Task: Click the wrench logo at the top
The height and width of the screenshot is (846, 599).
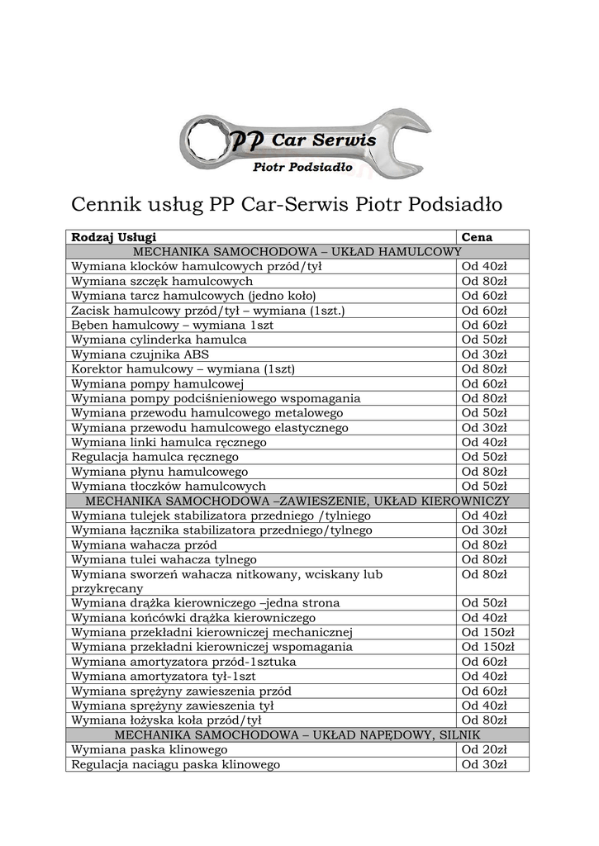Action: coord(305,144)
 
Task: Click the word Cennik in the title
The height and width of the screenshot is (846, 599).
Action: coord(106,203)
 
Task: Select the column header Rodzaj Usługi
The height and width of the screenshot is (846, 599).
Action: coord(114,237)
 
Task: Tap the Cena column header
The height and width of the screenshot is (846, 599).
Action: coord(477,237)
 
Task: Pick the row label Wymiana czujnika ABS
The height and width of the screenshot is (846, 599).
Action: coord(140,354)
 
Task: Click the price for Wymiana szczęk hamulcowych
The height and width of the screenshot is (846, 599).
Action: coord(484,281)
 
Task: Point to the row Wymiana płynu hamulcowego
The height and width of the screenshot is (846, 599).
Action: coord(159,472)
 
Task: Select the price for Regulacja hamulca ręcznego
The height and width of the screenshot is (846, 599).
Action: coord(484,457)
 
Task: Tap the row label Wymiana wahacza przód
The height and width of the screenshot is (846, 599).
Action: coord(145,545)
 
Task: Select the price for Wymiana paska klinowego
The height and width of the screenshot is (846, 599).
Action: coord(484,749)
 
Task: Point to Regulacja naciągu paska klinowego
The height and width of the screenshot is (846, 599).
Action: coord(176,764)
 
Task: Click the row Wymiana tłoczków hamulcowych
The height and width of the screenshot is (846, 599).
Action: coord(169,486)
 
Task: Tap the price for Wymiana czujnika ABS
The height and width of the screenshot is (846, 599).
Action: coord(484,354)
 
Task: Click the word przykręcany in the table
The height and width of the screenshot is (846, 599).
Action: coord(107,589)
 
